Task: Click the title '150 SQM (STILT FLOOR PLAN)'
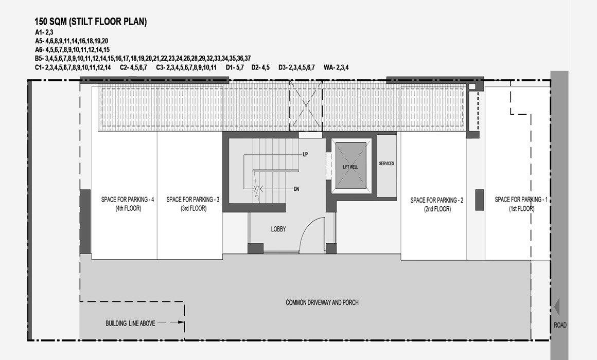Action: coord(91,22)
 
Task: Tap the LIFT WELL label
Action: coord(350,167)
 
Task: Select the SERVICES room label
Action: coord(387,163)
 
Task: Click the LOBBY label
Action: coord(278,229)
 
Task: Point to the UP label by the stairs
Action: coord(305,154)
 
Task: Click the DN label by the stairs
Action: coord(296,189)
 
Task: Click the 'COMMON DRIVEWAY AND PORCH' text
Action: coord(322,302)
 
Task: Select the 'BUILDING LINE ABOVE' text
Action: coord(130,323)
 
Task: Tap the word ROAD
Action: coord(560,325)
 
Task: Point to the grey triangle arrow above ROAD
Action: coord(557,307)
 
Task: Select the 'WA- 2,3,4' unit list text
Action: coord(336,67)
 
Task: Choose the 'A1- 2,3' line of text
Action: coord(44,32)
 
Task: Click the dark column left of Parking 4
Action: coord(85,222)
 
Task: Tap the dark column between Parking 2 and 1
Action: coord(479,200)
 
